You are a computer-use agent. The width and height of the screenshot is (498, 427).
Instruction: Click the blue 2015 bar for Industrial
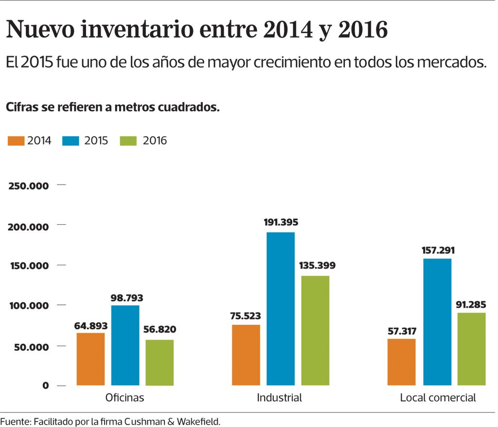[281, 309]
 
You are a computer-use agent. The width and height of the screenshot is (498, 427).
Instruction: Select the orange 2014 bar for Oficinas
[90, 359]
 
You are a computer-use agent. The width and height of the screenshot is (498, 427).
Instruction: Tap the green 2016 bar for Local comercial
[471, 349]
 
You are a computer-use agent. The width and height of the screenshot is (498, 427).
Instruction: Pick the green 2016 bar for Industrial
[315, 330]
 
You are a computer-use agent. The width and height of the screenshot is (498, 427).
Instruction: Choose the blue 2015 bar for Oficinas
[125, 345]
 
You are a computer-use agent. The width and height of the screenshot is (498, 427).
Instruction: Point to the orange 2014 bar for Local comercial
[402, 362]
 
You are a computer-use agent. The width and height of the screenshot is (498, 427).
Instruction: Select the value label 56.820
[160, 330]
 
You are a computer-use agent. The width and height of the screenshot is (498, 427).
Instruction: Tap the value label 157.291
[437, 250]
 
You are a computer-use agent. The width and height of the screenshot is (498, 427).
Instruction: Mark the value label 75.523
[246, 315]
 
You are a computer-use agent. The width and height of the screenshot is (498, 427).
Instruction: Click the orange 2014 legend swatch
[16, 141]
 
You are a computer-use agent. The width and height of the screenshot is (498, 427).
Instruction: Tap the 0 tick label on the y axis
[46, 386]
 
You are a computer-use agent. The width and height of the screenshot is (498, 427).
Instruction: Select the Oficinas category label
[125, 398]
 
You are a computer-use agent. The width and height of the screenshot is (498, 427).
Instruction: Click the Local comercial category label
[438, 398]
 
